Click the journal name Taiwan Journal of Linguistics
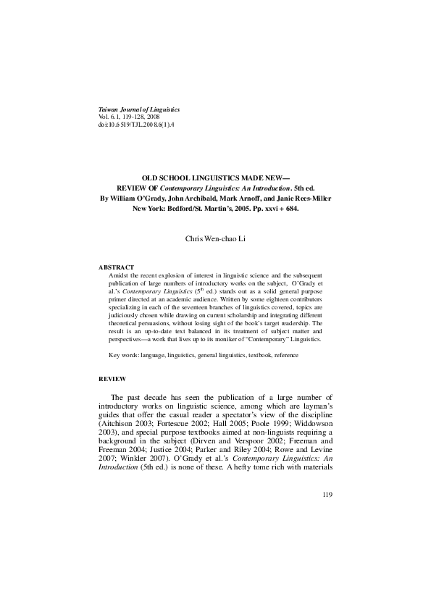(x=138, y=109)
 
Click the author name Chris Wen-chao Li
(x=216, y=239)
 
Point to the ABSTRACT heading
(x=116, y=267)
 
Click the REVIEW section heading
(x=112, y=379)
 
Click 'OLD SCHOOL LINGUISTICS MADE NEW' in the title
(x=214, y=177)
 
